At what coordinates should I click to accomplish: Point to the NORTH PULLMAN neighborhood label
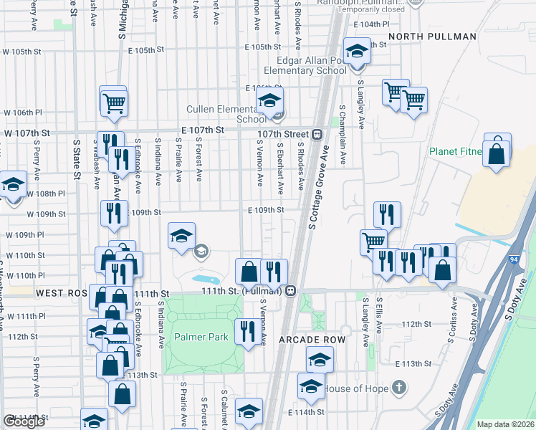432,37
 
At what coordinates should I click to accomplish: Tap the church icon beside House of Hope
399,388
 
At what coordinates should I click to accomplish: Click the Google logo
24,421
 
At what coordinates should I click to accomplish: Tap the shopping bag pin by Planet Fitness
497,152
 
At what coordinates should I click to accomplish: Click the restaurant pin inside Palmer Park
248,330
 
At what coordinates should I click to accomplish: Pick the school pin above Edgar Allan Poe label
355,52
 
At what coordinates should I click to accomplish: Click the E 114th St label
306,412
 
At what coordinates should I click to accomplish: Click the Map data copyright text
506,424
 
